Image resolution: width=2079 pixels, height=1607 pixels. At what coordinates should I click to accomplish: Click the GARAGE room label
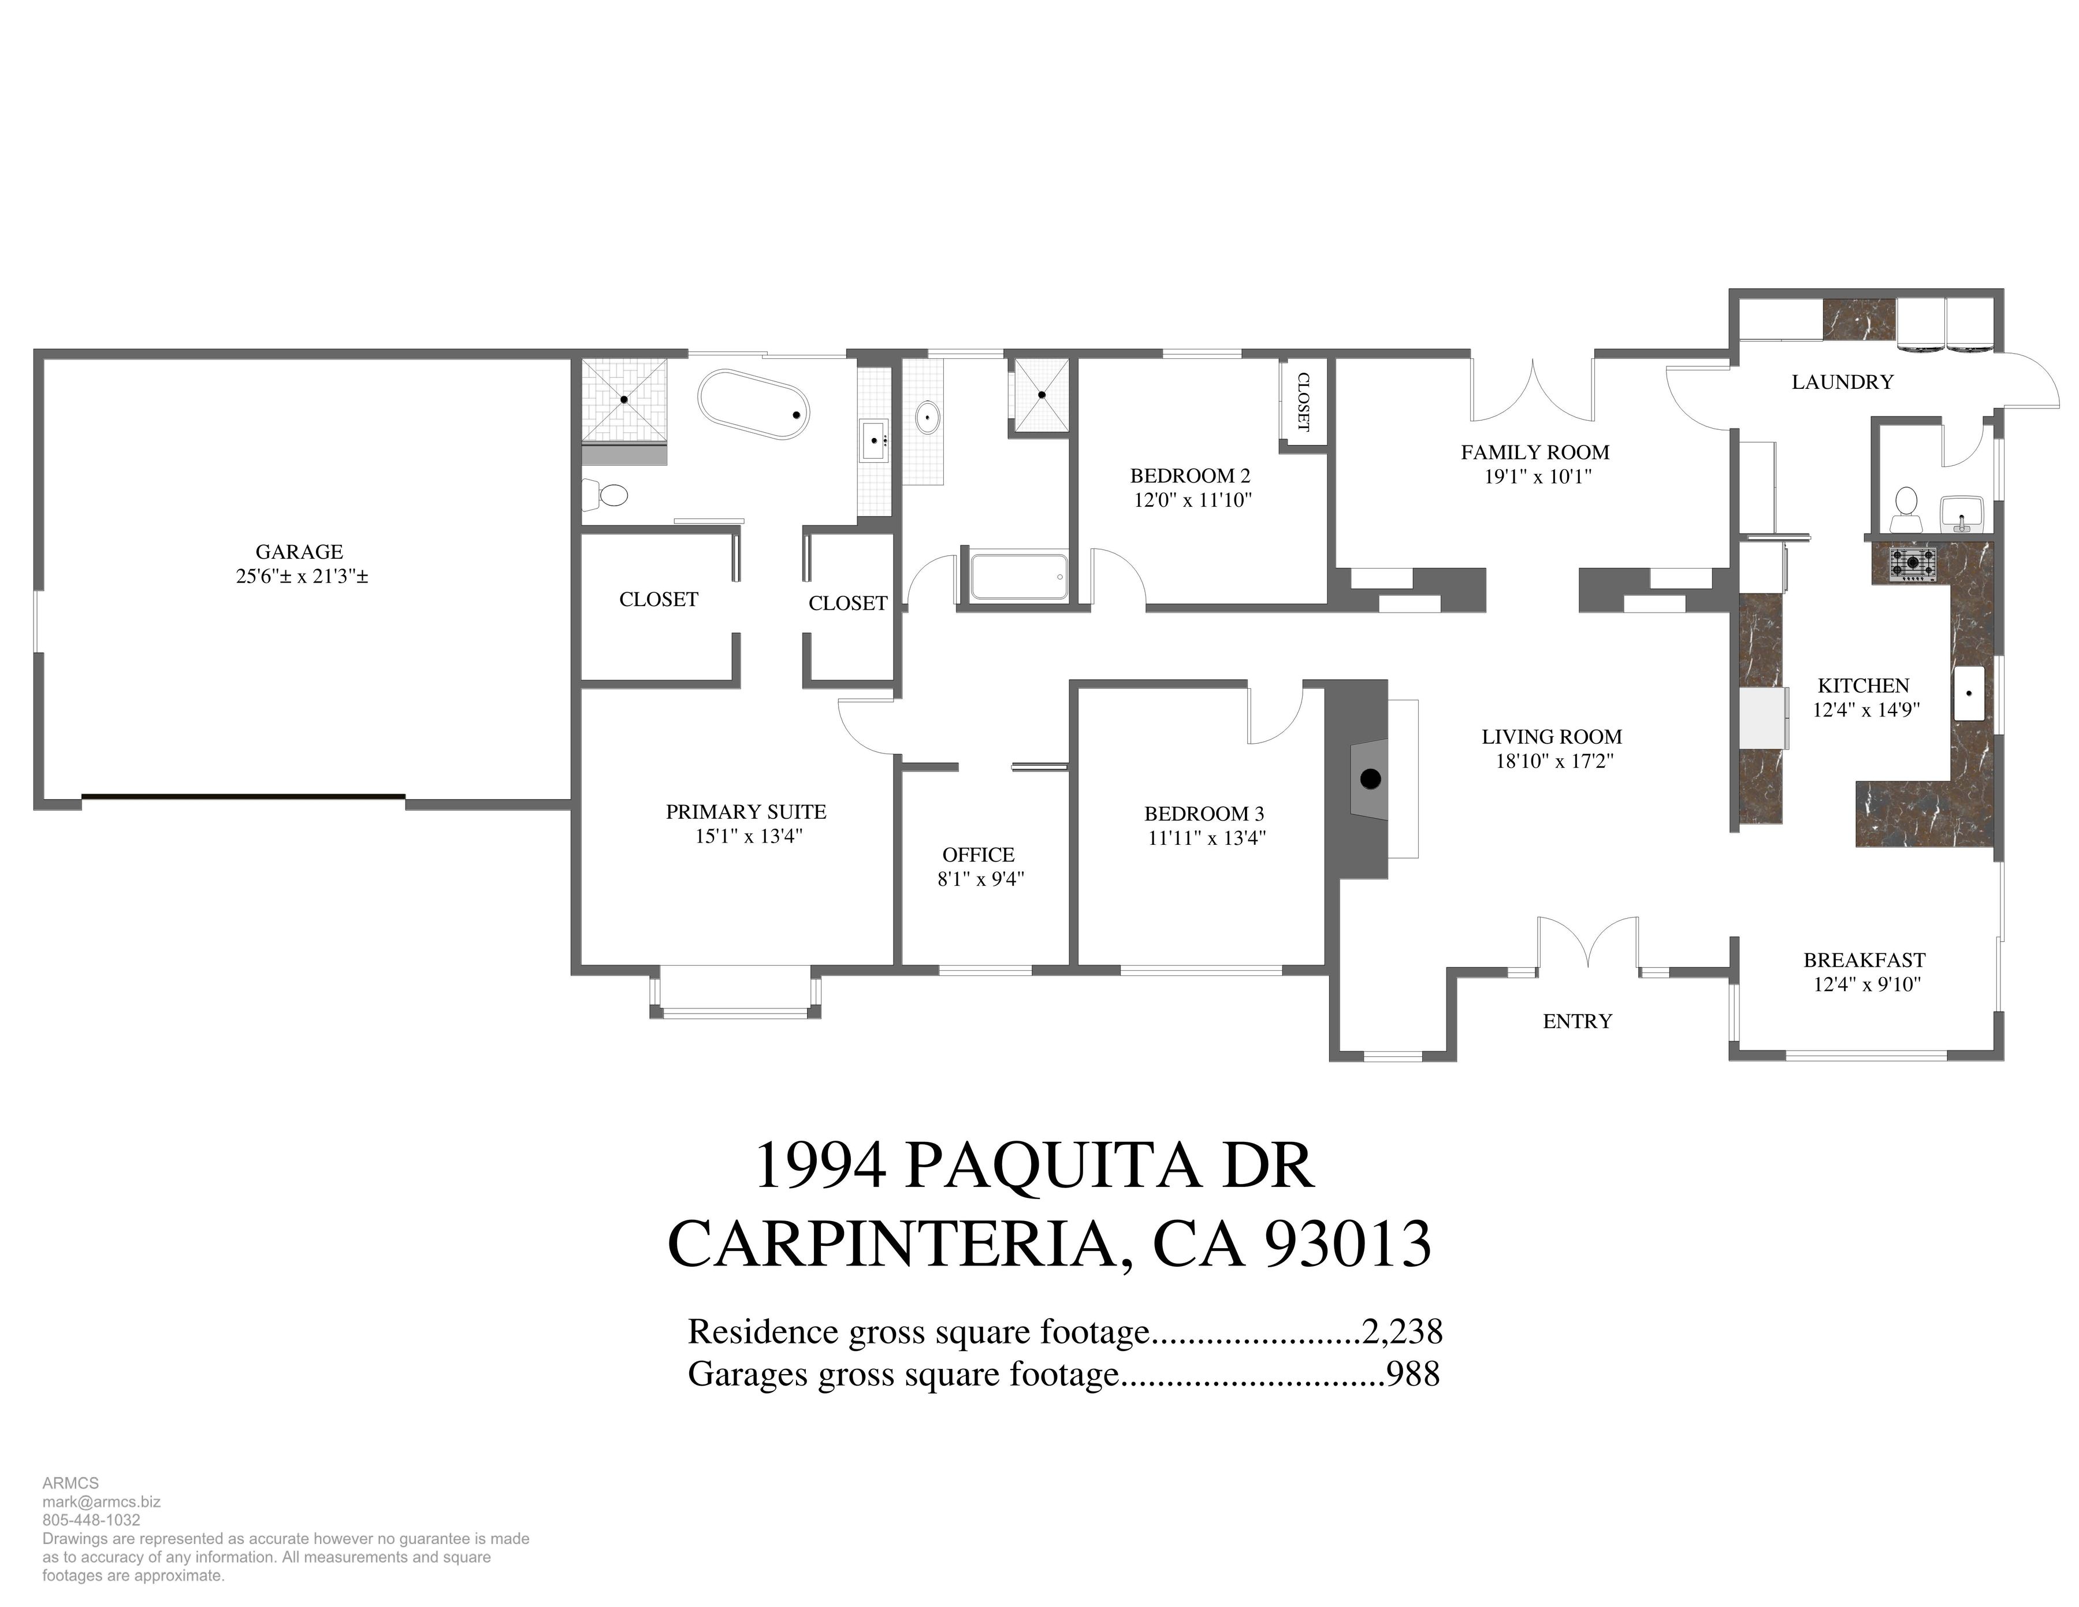coord(299,551)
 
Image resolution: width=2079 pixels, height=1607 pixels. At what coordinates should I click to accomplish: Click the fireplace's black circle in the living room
coord(1370,779)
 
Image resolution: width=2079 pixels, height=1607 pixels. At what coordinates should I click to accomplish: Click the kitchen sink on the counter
coord(1969,693)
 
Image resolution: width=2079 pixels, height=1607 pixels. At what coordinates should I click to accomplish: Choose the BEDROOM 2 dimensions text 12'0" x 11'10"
coord(1192,500)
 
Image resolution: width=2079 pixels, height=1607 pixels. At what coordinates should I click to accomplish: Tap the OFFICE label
coord(979,855)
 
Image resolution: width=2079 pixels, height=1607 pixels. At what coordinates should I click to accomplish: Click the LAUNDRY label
coord(1842,382)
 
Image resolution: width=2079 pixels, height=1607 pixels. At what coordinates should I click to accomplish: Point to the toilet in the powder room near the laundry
coord(1906,509)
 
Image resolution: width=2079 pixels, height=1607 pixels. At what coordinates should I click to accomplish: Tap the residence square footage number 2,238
coord(1402,1331)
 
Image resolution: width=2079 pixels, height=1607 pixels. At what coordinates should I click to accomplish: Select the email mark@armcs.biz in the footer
coord(101,1501)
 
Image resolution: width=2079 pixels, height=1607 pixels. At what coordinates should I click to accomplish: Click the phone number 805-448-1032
coord(91,1519)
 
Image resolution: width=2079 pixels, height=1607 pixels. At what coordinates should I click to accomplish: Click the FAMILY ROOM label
coord(1534,452)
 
